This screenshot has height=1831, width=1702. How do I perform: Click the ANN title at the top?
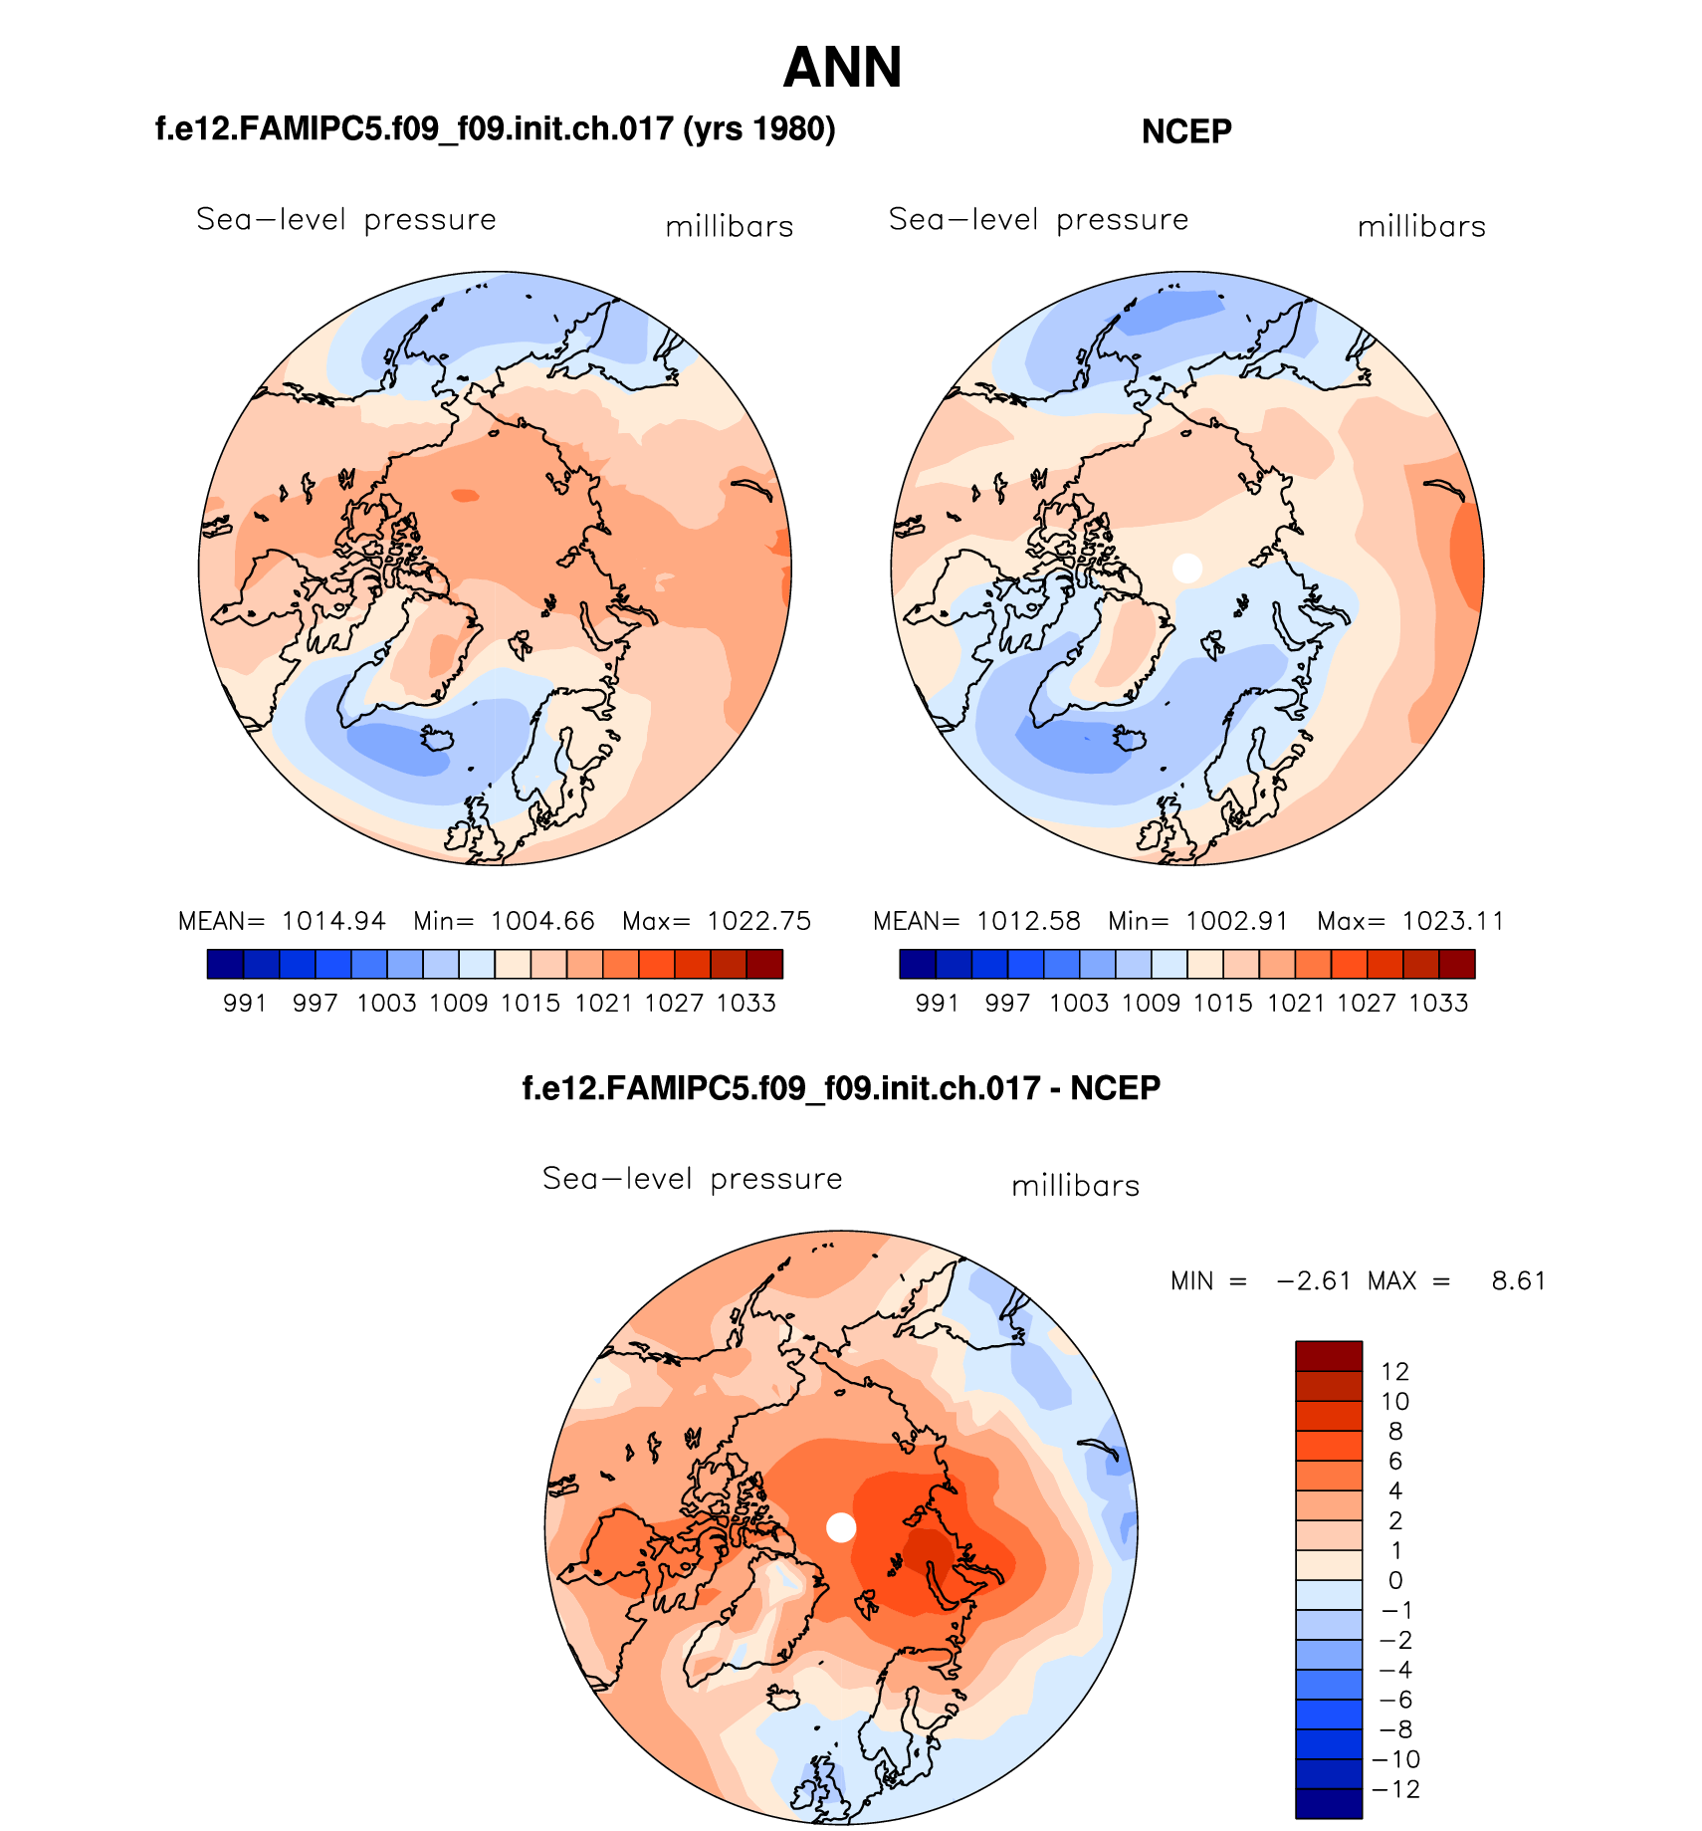842,68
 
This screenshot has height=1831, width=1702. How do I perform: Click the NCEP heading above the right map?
1186,131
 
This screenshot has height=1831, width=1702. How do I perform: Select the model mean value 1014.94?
333,921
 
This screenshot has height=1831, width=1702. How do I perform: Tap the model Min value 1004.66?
542,921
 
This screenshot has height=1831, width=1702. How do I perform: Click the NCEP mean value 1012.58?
1028,921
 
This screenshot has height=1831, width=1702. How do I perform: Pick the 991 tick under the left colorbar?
245,1003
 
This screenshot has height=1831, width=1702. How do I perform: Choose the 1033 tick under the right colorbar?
1438,1003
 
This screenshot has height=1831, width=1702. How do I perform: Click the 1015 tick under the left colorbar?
531,1003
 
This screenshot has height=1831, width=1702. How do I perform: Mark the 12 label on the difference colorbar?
1394,1372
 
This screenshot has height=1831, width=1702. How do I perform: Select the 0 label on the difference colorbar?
1394,1580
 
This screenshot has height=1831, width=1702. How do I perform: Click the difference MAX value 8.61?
1519,1280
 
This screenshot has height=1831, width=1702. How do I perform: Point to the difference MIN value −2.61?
1314,1280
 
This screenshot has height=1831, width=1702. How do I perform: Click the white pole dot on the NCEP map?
1187,568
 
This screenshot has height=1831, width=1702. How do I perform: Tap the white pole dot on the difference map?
841,1526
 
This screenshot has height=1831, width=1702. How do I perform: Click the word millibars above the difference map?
1075,1186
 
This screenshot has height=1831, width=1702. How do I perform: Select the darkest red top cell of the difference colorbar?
1328,1356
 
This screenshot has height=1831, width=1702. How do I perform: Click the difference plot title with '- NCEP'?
841,1088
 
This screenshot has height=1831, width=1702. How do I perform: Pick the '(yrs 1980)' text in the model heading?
758,129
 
